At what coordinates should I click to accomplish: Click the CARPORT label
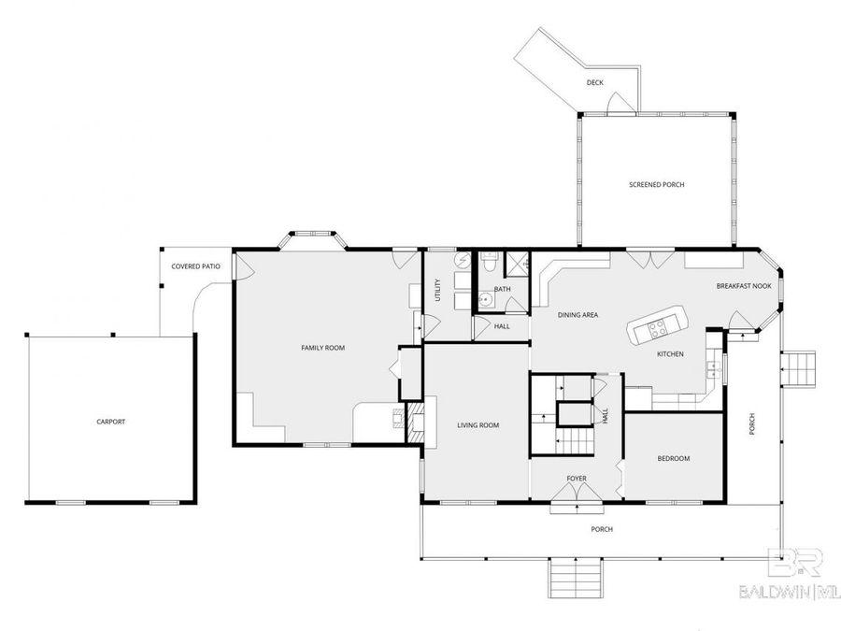click(110, 422)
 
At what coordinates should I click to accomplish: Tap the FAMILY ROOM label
click(323, 348)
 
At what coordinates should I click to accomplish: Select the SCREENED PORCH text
click(657, 184)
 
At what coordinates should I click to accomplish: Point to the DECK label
click(595, 82)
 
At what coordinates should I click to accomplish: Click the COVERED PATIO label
click(196, 266)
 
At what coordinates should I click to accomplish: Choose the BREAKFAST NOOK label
click(744, 286)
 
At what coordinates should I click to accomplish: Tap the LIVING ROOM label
click(478, 425)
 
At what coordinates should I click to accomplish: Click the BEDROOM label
click(674, 458)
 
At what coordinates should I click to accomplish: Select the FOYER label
click(577, 479)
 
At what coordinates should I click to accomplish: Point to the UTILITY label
click(438, 290)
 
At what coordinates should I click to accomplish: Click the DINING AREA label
click(577, 315)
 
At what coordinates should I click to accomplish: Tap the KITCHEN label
click(670, 354)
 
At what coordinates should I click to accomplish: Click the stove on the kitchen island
click(657, 328)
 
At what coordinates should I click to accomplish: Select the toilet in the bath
click(489, 262)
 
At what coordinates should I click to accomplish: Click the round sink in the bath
click(485, 300)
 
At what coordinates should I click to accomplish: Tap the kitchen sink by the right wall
click(714, 367)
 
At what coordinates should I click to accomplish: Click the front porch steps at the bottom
click(575, 578)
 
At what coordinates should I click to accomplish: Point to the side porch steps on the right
click(798, 368)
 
